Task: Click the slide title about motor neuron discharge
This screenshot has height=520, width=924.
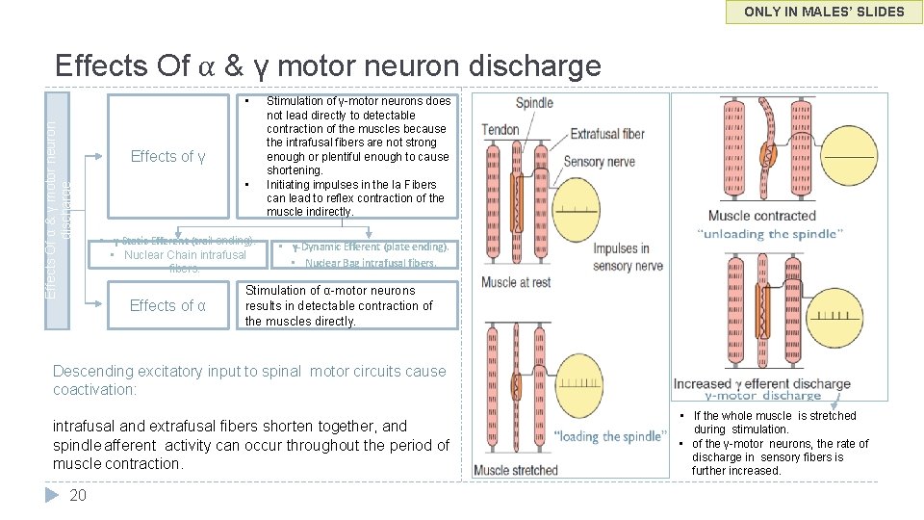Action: [327, 65]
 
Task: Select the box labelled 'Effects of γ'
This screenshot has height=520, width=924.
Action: [167, 156]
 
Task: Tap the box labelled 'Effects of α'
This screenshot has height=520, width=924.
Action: [167, 305]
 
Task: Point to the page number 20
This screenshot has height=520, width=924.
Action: [78, 495]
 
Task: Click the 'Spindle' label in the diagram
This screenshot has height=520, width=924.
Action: [534, 103]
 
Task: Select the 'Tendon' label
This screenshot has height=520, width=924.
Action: [500, 130]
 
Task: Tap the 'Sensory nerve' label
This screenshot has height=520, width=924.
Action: [599, 162]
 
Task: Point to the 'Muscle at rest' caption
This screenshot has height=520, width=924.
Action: [516, 282]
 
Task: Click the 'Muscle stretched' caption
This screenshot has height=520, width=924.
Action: [516, 470]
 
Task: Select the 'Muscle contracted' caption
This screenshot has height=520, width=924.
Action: [761, 216]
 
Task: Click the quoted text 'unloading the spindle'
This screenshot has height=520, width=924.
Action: [769, 234]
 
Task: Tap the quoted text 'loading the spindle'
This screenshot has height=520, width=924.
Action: [608, 436]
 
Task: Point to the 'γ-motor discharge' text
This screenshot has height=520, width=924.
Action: [762, 396]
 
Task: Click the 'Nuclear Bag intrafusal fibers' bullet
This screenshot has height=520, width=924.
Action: [370, 263]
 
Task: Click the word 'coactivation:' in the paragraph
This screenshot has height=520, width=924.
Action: [95, 390]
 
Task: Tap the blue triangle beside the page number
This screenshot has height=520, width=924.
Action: [54, 495]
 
